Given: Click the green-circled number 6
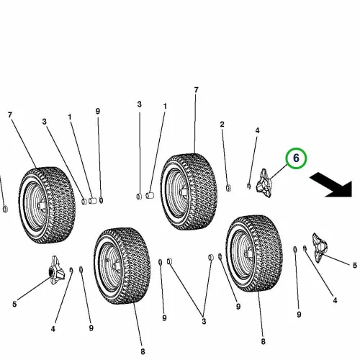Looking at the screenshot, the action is [296, 158].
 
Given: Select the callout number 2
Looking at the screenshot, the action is [222, 125].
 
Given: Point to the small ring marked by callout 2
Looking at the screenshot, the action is [228, 188].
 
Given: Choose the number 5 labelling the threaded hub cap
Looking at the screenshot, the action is [14, 305].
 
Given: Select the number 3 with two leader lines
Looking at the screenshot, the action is [204, 321].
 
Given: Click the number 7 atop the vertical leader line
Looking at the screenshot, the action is [197, 90].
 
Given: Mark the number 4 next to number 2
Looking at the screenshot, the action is [257, 130].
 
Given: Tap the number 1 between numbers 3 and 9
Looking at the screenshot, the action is [70, 117].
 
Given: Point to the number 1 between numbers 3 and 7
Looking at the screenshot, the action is [165, 106].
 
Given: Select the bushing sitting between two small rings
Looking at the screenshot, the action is [93, 200].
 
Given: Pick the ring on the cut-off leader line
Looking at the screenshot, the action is [5, 209].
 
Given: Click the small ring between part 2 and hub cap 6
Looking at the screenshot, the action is [249, 186].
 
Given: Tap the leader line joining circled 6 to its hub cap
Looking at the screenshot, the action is [278, 172].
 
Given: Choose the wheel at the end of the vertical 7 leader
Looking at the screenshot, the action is [189, 192].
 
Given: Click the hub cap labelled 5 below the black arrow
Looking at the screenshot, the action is [319, 248].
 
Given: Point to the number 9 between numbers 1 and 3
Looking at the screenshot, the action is [98, 111].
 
